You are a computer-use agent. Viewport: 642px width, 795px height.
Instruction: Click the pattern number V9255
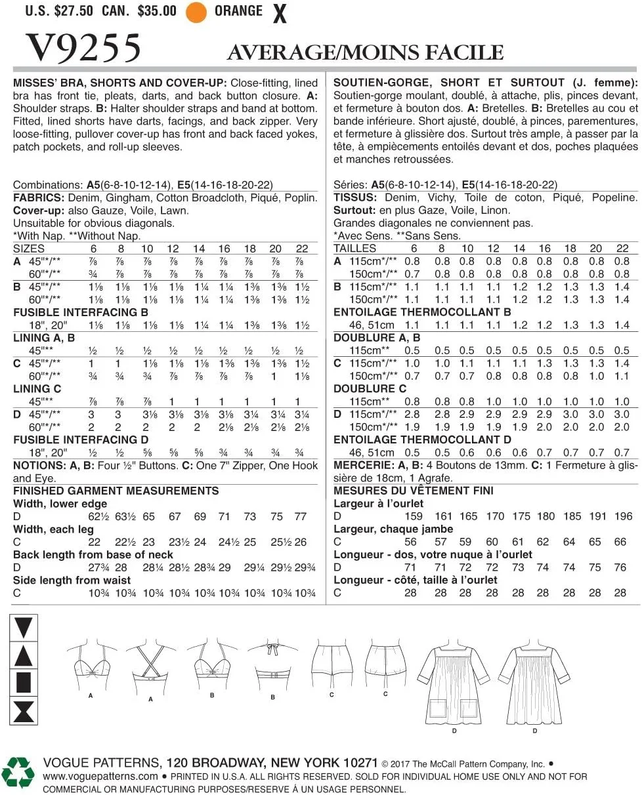83,48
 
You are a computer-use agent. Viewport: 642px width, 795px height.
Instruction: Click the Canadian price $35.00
156,11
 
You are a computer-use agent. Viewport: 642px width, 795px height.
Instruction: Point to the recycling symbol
18,771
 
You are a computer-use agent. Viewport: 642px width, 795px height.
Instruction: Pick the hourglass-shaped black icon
23,710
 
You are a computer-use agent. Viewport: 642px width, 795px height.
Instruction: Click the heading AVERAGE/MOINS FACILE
365,53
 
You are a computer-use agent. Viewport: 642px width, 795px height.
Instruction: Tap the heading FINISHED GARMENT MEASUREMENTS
116,491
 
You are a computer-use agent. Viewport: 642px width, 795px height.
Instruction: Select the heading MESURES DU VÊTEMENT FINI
414,491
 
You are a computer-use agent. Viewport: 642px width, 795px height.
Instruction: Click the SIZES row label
29,249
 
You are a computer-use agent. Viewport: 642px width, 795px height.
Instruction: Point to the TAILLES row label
355,249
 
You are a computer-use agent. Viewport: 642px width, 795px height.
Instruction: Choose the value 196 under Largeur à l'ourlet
623,516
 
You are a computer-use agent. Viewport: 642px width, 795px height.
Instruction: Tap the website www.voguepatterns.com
100,777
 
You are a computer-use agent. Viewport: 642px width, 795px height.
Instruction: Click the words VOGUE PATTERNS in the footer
102,763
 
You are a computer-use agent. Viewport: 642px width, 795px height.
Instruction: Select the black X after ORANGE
280,14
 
